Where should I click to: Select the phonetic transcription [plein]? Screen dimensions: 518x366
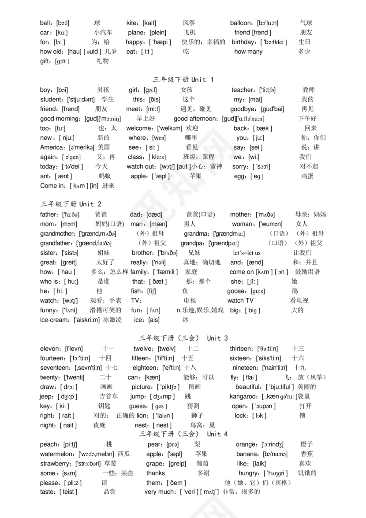[158, 33]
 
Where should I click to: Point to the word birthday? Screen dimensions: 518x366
[243, 42]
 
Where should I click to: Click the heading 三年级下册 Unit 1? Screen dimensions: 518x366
[183, 80]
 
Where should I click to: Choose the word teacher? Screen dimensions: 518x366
[243, 90]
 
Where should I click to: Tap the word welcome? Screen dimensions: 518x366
[139, 128]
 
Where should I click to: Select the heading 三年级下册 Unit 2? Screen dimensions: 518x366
[71, 204]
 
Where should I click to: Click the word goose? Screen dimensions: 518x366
[237, 291]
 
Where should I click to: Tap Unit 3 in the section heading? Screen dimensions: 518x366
[217, 338]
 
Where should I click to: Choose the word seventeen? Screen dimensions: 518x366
[55, 368]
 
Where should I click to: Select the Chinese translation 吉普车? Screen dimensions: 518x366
[108, 397]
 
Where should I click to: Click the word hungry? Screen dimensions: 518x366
[249, 473]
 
